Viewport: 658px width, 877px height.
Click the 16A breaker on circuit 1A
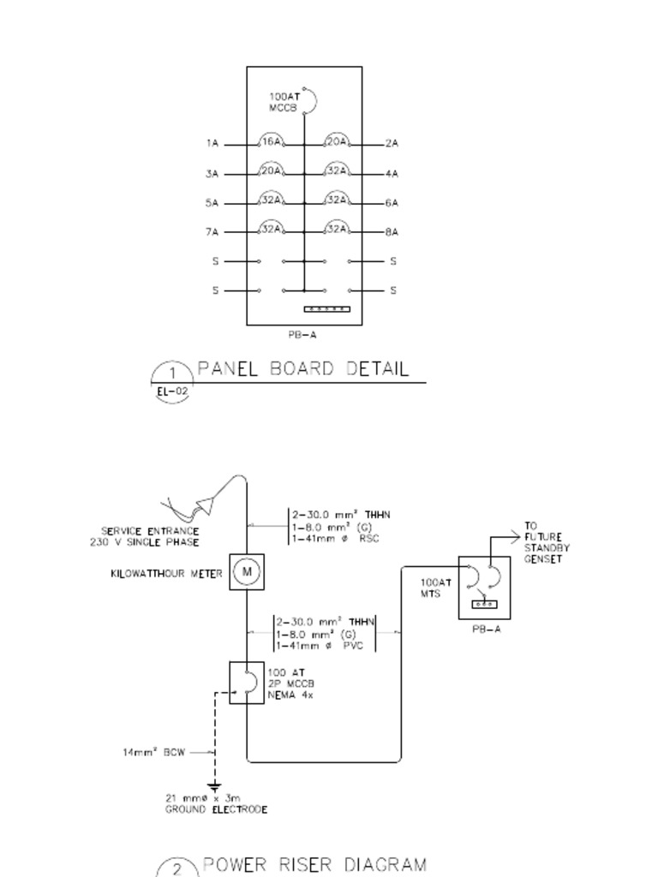pyautogui.click(x=271, y=142)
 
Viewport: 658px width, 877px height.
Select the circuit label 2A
pyautogui.click(x=392, y=144)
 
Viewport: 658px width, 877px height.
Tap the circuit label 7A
pyautogui.click(x=212, y=232)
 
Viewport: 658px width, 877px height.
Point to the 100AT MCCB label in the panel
pyautogui.click(x=284, y=101)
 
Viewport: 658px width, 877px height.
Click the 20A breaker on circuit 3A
pyautogui.click(x=271, y=171)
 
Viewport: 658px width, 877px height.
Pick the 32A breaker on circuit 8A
pyautogui.click(x=337, y=229)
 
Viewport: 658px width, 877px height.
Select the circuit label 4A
pyautogui.click(x=392, y=174)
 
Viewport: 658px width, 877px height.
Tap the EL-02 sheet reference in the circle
pyautogui.click(x=172, y=392)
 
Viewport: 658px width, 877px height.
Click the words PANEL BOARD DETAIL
pyautogui.click(x=303, y=370)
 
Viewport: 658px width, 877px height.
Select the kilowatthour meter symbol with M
pyautogui.click(x=246, y=572)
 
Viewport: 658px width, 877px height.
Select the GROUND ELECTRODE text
pyautogui.click(x=216, y=809)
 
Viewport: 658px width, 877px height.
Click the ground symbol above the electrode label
pyautogui.click(x=214, y=785)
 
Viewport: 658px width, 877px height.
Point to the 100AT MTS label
pyautogui.click(x=431, y=587)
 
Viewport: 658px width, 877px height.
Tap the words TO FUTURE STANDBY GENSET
pyautogui.click(x=547, y=543)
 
